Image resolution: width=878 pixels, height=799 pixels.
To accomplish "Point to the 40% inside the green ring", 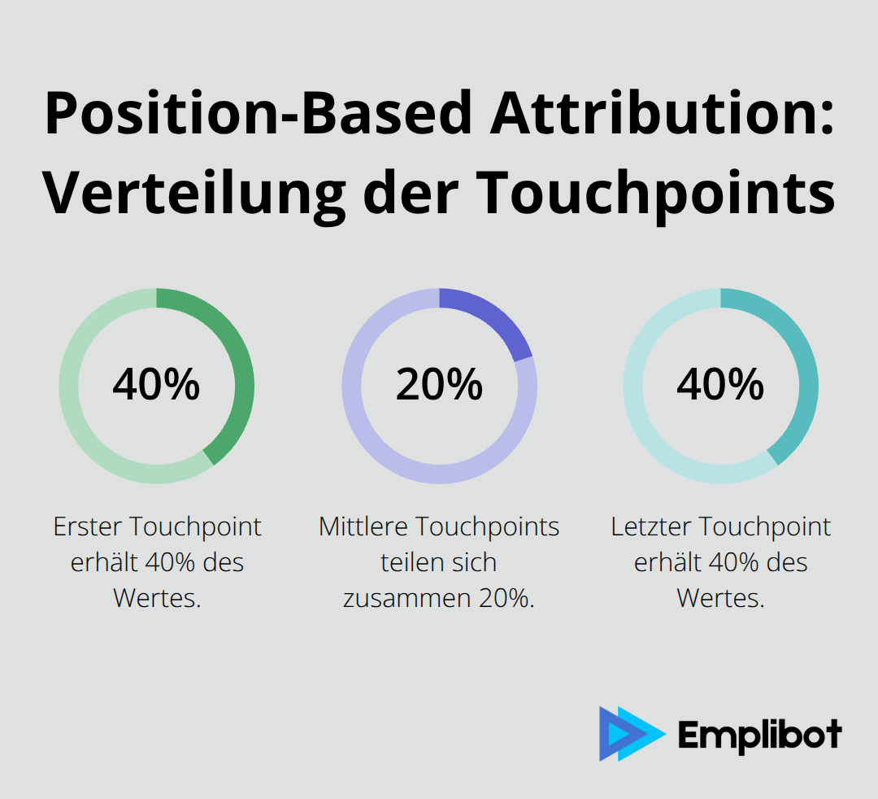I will point(156,385).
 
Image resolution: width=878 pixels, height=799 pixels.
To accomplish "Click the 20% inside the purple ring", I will point(439,385).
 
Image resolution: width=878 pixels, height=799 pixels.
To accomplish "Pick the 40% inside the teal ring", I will point(720,385).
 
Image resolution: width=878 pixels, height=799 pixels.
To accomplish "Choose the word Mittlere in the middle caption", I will point(363,527).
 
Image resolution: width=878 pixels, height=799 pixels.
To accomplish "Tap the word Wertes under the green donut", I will point(156,599).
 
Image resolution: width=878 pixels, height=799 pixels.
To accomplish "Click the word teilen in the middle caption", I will point(411,563).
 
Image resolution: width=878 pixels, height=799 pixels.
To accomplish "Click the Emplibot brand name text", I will point(759,736).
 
